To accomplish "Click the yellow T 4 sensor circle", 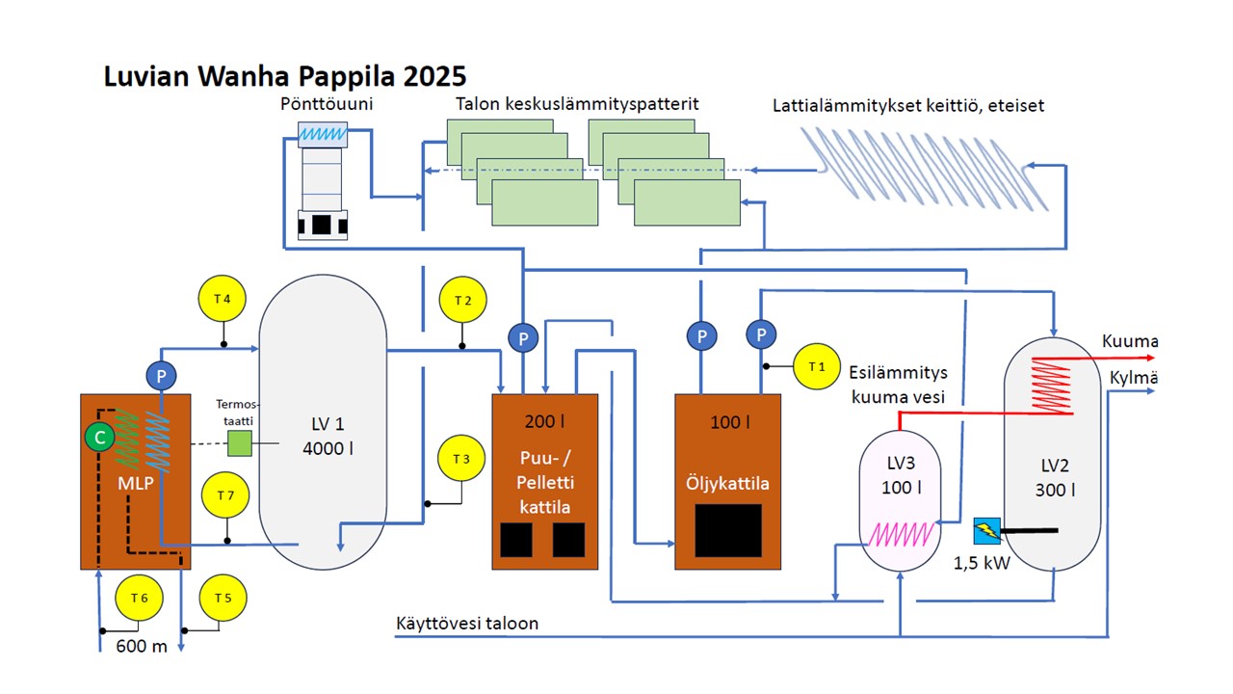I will [223, 299].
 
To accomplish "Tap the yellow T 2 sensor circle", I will [462, 301].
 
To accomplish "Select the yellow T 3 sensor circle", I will [461, 458].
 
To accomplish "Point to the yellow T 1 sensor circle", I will [817, 366].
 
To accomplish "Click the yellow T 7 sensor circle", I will [226, 495].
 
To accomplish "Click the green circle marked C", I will [97, 438].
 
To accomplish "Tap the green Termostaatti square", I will [239, 444].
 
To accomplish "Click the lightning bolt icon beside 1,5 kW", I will [987, 529].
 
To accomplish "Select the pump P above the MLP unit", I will [157, 375].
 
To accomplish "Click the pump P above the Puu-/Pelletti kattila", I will [523, 337].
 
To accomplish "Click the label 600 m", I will [142, 646].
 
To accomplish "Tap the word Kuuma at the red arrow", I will [1130, 341].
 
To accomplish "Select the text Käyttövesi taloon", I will [467, 624].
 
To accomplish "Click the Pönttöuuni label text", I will [321, 103].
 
